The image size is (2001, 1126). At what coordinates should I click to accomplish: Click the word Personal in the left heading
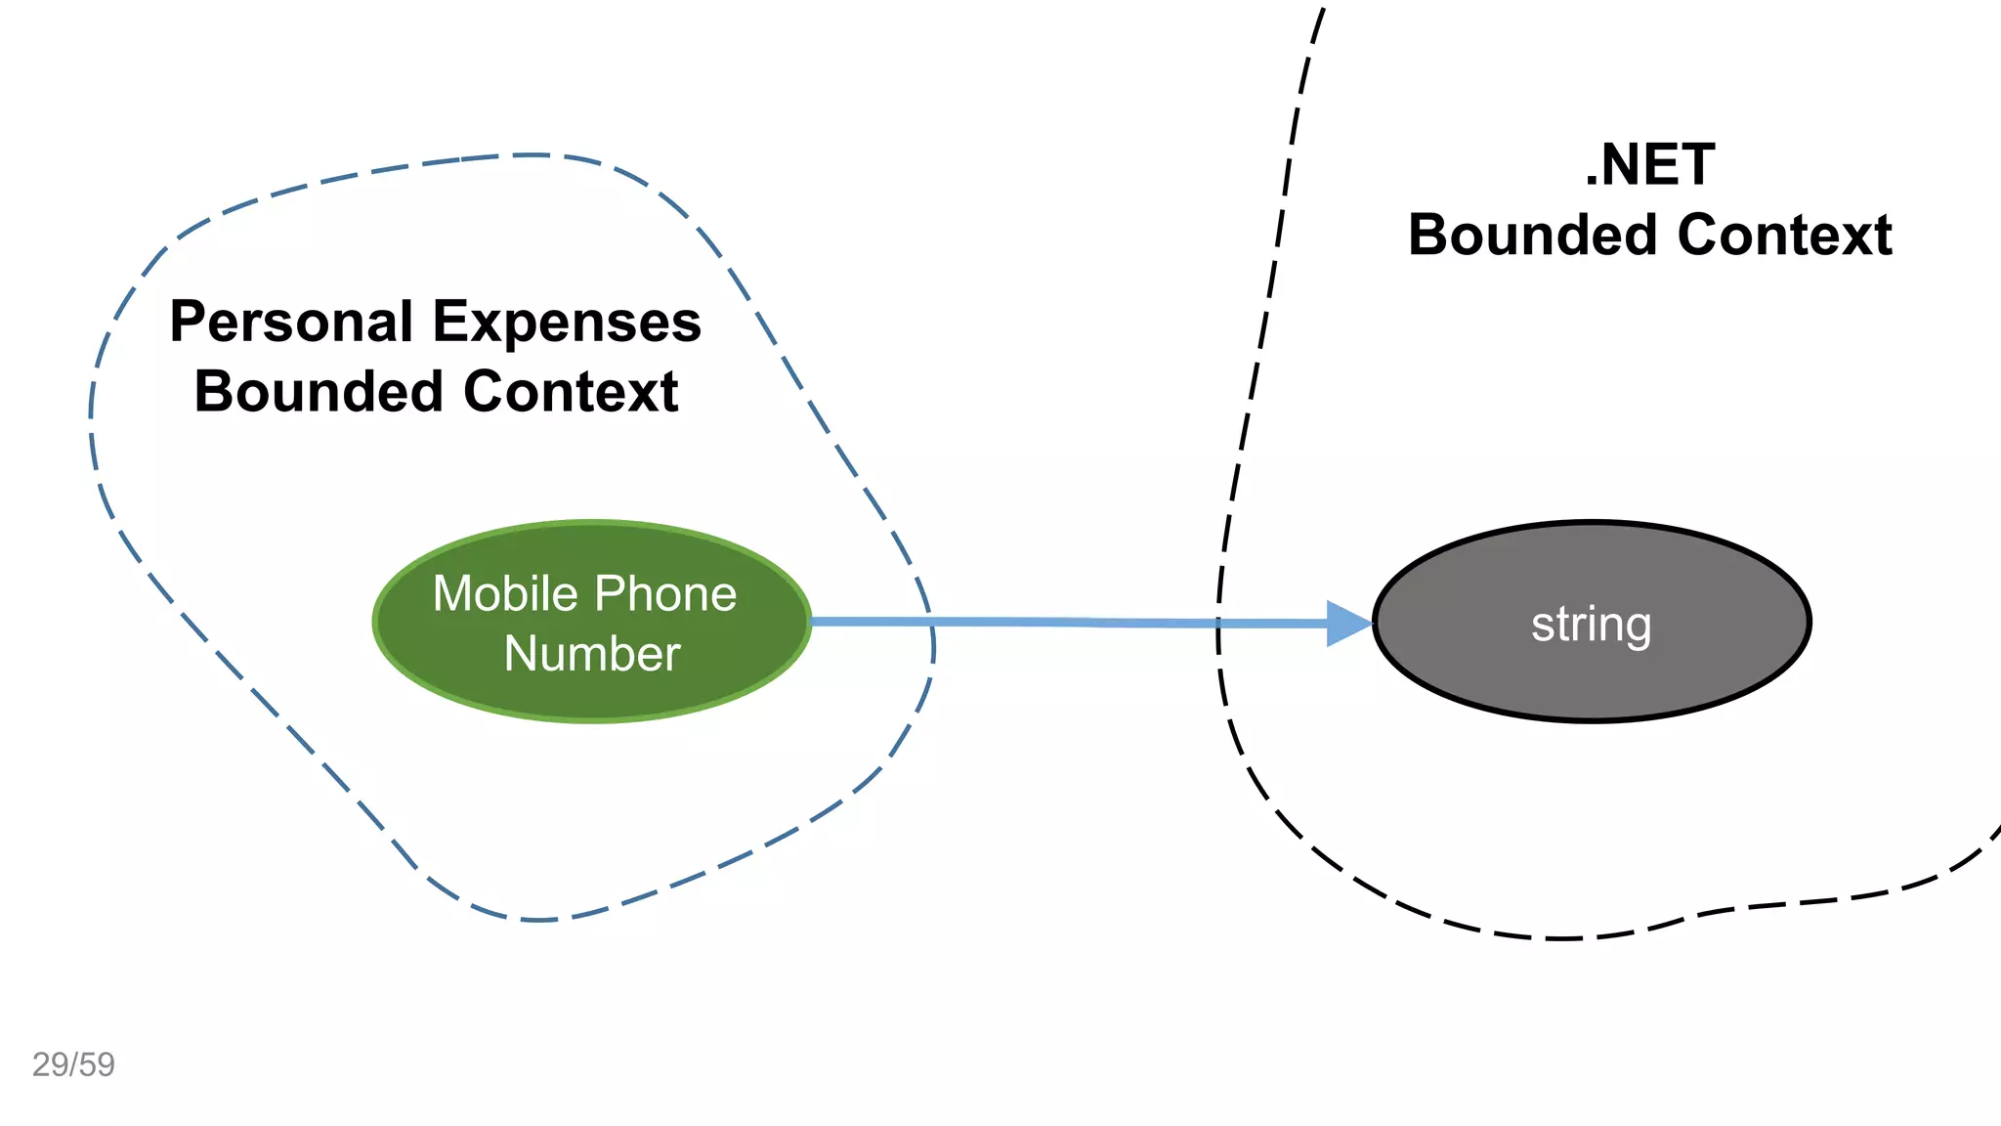tap(291, 323)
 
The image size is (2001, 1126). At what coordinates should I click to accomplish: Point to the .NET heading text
tap(1649, 164)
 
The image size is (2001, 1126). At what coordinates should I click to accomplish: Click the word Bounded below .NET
tap(1533, 236)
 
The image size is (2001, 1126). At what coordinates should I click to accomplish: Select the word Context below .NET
tap(1784, 236)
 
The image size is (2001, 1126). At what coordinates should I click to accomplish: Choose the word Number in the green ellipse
tap(592, 654)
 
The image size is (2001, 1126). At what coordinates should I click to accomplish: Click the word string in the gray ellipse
tap(1591, 625)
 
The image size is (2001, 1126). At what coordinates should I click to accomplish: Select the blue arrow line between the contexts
tap(1075, 622)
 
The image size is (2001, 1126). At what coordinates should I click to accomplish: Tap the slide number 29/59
tap(73, 1064)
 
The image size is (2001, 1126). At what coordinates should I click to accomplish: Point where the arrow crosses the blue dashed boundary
tap(931, 622)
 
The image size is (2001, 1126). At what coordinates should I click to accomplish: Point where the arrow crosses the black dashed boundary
tap(1218, 623)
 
